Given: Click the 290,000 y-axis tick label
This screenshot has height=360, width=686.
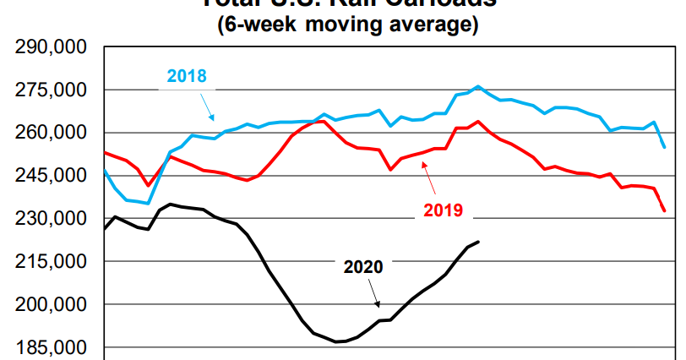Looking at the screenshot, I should coord(52,47).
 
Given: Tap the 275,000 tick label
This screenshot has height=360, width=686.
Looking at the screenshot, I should coord(52,90).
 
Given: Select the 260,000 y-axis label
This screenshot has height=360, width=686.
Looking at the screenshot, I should coord(52,134).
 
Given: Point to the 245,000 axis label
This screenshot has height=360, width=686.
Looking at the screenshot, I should coord(52,177).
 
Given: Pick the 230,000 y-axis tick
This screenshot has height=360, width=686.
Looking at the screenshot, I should coord(52,219).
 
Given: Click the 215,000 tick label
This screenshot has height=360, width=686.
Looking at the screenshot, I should coord(52,262).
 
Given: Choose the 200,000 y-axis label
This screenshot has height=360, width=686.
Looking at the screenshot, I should coord(52,305).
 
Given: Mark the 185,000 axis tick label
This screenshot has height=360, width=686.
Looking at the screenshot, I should coord(52,347).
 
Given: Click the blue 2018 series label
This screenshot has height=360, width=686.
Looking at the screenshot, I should coord(187,76).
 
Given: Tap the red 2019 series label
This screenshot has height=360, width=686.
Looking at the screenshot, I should coord(442,210).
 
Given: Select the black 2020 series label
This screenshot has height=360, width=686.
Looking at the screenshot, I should coord(363,267).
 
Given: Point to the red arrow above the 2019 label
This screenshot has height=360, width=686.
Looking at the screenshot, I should coord(429,175).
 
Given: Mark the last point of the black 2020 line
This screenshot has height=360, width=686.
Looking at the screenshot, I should coord(479,242).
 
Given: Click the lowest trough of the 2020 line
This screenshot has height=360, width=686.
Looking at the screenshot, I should coord(337,341).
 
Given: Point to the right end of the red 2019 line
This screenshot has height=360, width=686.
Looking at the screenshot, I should coord(664,211).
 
